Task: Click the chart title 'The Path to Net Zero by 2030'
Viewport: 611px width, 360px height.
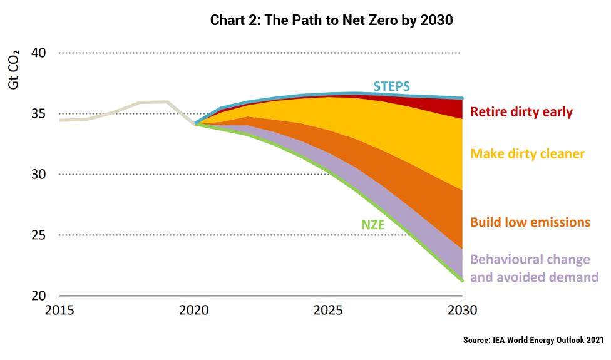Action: [x=331, y=20]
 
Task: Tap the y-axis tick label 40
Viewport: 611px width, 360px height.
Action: [x=38, y=53]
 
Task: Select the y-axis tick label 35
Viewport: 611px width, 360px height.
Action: [x=38, y=114]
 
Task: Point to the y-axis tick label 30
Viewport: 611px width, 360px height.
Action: [x=38, y=174]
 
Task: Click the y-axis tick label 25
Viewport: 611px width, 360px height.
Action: [x=38, y=235]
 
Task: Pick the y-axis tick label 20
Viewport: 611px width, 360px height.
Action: [x=38, y=296]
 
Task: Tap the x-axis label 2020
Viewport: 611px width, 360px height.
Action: [x=194, y=311]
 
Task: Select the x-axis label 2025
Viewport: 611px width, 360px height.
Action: [x=328, y=311]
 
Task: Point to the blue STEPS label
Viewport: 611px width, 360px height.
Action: [x=393, y=86]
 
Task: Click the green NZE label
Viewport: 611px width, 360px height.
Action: [x=372, y=224]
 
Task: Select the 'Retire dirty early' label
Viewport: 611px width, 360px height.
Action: [x=521, y=113]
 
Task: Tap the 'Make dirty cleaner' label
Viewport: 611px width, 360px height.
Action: [x=527, y=153]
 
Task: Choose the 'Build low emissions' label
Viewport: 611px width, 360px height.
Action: [x=530, y=222]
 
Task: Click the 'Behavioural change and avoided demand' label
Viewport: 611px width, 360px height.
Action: [x=534, y=268]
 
